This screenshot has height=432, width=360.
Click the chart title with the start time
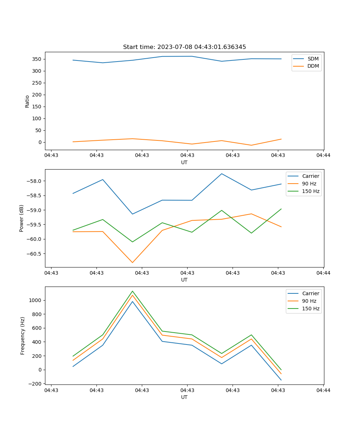tap(184, 47)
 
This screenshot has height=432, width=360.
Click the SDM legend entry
tap(313, 59)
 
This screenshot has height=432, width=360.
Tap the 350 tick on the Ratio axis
tap(37, 59)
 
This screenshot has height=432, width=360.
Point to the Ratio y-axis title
tap(27, 101)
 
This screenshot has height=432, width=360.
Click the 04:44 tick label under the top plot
tap(323, 156)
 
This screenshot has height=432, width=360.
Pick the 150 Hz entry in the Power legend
tap(311, 191)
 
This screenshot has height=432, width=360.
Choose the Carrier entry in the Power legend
tap(310, 176)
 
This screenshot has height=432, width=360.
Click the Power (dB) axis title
tap(22, 218)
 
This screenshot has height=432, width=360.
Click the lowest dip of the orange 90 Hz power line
tap(132, 262)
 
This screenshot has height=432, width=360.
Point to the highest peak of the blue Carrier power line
tap(222, 174)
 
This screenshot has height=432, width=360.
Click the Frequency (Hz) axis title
tap(23, 336)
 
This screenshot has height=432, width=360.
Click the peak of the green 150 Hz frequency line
tap(132, 291)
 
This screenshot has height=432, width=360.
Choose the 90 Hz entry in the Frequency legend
tap(311, 301)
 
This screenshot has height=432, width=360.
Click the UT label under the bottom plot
tap(184, 397)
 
